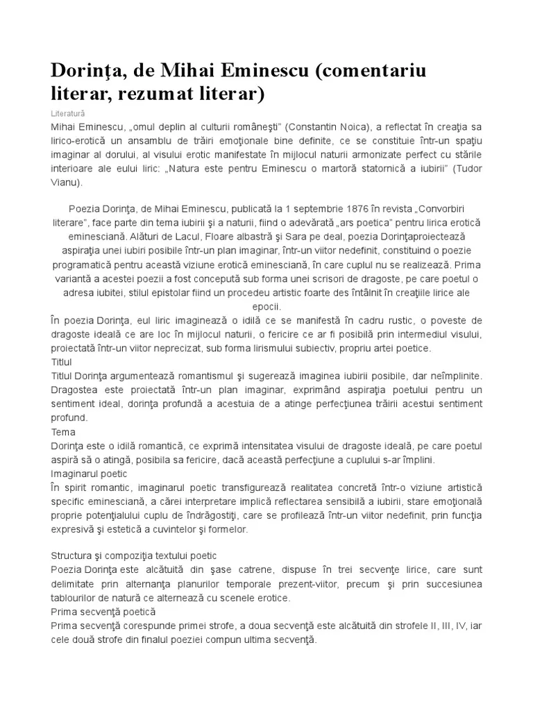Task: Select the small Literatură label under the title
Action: (x=69, y=112)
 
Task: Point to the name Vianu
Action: (x=66, y=183)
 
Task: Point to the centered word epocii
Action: (x=266, y=306)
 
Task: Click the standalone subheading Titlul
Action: (x=62, y=362)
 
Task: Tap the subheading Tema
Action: (x=63, y=431)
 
